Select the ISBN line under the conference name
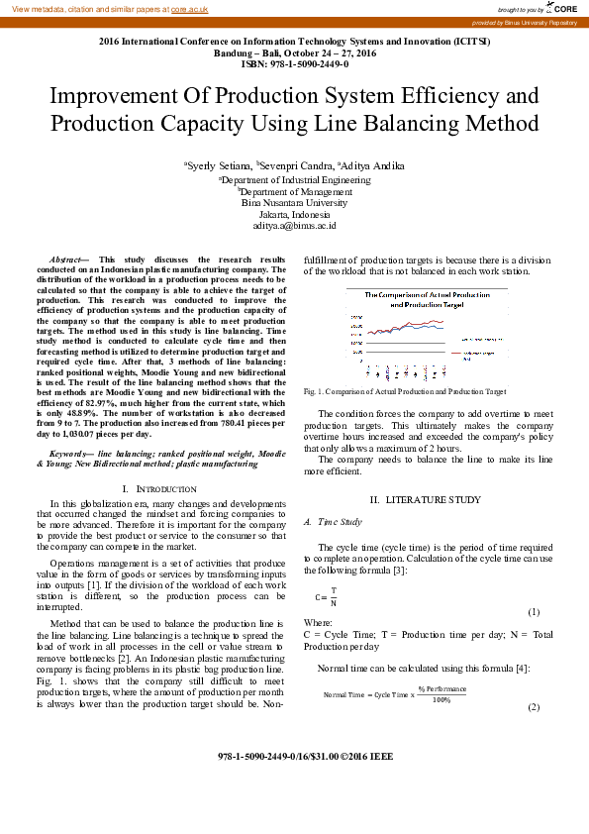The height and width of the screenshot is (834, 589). click(294, 64)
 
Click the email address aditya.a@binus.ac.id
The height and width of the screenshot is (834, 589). click(294, 225)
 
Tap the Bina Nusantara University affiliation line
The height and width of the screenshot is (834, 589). click(294, 202)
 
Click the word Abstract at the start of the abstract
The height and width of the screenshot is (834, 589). click(66, 259)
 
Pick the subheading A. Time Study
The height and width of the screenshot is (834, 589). click(333, 521)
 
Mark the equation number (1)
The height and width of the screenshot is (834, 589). click(533, 613)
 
